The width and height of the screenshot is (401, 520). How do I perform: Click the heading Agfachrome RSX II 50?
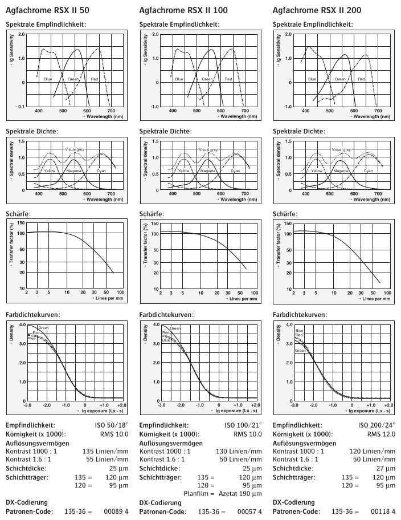click(x=47, y=10)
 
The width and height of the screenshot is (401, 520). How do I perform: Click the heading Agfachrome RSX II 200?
click(x=316, y=10)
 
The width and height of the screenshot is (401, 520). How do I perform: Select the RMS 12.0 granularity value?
click(x=380, y=434)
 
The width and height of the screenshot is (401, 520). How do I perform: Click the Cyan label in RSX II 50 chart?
click(x=102, y=170)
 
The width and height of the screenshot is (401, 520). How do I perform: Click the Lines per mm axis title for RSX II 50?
click(x=108, y=298)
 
